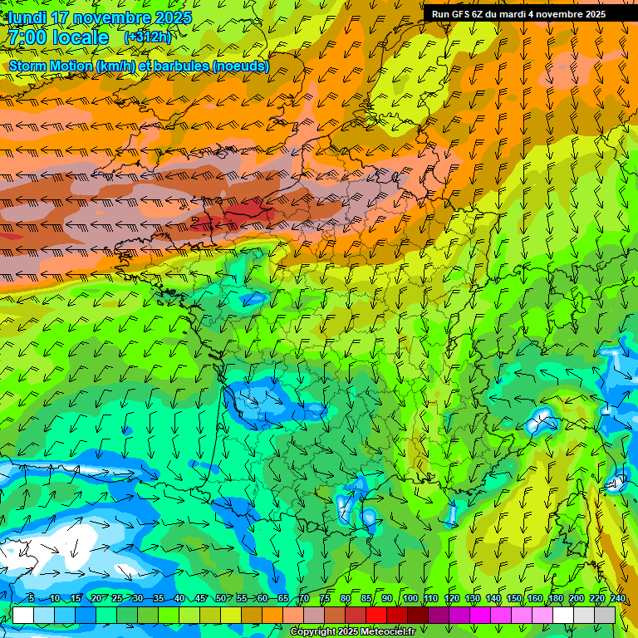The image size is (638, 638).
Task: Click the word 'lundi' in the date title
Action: click(27, 18)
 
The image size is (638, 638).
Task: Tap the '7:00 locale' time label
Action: click(58, 37)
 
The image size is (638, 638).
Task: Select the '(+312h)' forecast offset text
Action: click(149, 37)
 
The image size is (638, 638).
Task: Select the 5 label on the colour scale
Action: click(31, 599)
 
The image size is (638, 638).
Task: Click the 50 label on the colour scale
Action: click(221, 599)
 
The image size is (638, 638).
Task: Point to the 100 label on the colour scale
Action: click(410, 599)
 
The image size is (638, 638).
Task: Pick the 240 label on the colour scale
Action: click(618, 599)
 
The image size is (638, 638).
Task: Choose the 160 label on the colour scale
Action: click(535, 599)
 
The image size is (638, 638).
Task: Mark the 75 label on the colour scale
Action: click(325, 599)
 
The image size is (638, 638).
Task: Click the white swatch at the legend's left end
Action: click(22, 615)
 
